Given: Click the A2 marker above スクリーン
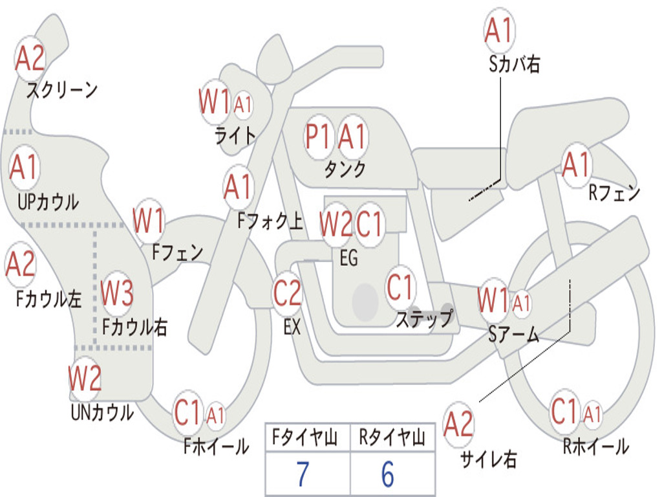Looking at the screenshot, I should (x=30, y=58).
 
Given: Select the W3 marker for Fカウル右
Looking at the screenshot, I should (x=117, y=293).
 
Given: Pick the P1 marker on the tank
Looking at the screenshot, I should (x=318, y=137).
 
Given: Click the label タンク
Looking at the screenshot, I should (x=345, y=170).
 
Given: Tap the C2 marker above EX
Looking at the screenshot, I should (x=287, y=293).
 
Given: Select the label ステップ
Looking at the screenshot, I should (x=424, y=319).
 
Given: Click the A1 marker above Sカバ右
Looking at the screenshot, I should (x=498, y=31).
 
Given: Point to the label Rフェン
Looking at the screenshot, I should (x=614, y=193).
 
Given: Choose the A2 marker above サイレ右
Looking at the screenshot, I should (x=458, y=425).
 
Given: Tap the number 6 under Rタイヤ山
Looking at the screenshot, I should (x=387, y=474).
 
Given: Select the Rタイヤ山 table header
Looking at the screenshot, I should (x=392, y=439).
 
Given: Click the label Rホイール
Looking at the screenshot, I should (x=595, y=446).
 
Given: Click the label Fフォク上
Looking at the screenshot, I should (x=270, y=222).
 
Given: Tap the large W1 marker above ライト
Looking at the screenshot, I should (x=214, y=102).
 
